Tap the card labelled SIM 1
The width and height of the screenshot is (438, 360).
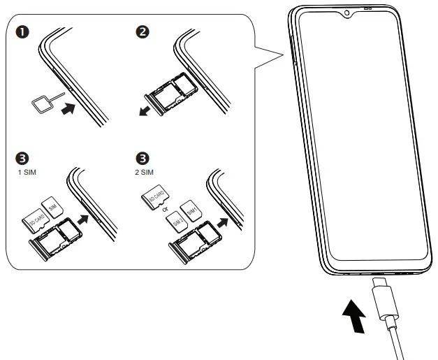(x=190, y=209)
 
